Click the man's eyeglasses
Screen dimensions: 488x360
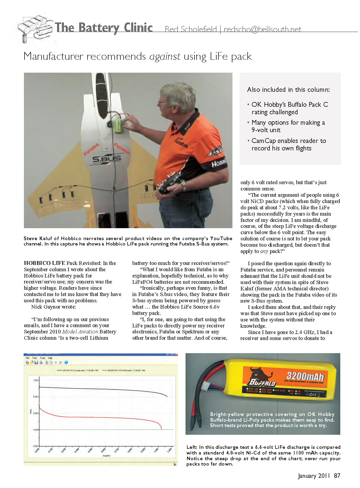point(163,103)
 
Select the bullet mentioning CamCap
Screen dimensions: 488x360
point(288,144)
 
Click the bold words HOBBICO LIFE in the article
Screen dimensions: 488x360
point(45,263)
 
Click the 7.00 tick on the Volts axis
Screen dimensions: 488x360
point(35,380)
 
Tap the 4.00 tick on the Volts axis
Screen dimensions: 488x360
point(35,430)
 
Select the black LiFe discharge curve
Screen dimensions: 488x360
point(105,389)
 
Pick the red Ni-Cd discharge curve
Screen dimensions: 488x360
point(105,417)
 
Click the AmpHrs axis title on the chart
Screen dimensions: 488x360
point(106,456)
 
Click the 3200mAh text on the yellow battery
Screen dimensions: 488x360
point(305,376)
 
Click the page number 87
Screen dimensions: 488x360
point(337,476)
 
